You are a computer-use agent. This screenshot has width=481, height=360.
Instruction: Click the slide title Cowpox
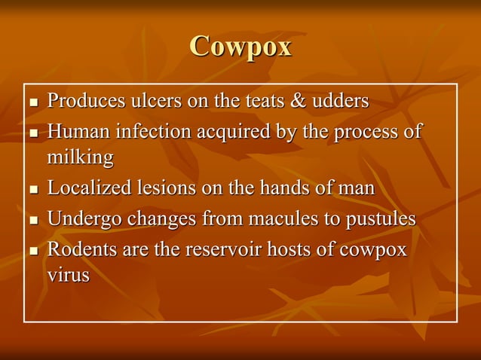(x=240, y=47)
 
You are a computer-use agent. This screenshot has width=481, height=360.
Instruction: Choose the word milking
(x=81, y=158)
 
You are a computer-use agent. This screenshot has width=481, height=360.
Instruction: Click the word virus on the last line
(x=69, y=276)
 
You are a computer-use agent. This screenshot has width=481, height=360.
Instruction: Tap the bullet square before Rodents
(x=32, y=251)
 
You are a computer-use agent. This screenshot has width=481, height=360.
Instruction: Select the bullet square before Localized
(x=32, y=190)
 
